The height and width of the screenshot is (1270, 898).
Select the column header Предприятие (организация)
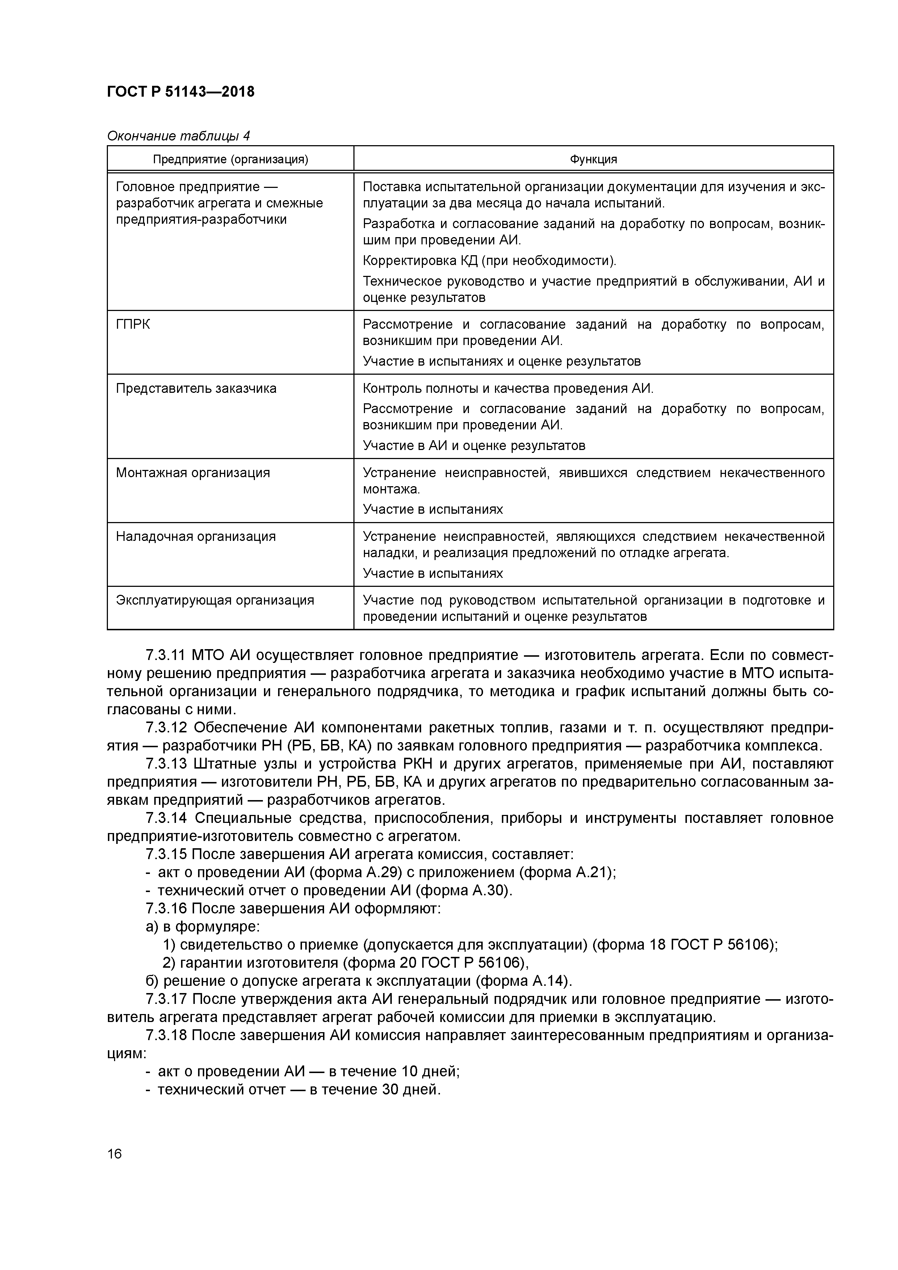tap(230, 160)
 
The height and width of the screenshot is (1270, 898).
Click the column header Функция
tap(593, 160)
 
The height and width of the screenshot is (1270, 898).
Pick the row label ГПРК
tap(133, 324)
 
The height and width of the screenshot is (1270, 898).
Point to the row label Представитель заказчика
tap(196, 388)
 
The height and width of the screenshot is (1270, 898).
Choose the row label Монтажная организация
tap(193, 473)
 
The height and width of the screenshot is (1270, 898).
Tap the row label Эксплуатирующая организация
tap(215, 600)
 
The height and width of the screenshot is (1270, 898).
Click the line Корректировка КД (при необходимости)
tap(489, 261)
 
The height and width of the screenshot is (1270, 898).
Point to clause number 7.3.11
tap(164, 656)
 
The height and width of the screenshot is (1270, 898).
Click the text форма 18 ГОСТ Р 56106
tap(685, 945)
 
